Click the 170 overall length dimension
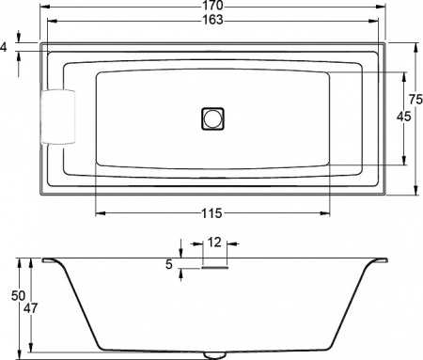pos(212,7)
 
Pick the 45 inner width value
pos(403,117)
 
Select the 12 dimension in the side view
pos(214,243)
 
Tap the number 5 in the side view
pos(169,265)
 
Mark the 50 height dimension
pos(16,296)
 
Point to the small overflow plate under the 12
pos(214,266)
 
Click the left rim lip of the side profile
pos(48,260)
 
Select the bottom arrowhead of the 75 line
pos(415,191)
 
